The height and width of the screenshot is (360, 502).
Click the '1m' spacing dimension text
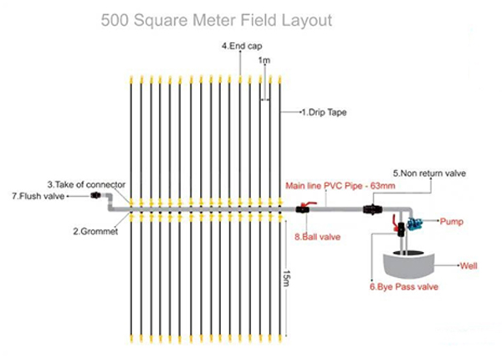coord(264,61)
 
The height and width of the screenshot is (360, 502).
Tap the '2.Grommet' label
coord(90,229)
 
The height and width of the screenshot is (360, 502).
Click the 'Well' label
coord(469,267)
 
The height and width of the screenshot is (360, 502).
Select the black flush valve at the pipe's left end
coord(96,196)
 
